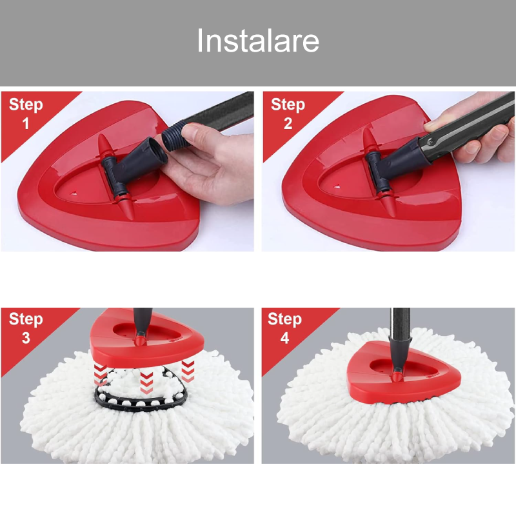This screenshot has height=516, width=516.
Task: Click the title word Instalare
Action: (x=258, y=40)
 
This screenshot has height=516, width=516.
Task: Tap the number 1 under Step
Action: (x=26, y=123)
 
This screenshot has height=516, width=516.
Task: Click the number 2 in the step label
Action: (x=288, y=123)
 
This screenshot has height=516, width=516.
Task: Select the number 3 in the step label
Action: (x=26, y=338)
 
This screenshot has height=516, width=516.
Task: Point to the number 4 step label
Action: (x=284, y=338)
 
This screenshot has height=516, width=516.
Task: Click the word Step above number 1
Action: (x=26, y=104)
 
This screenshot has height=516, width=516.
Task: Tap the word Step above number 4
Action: (x=284, y=319)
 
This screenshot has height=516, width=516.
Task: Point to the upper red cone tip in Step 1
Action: (x=104, y=144)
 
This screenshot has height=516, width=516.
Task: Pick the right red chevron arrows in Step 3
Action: (x=188, y=371)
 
